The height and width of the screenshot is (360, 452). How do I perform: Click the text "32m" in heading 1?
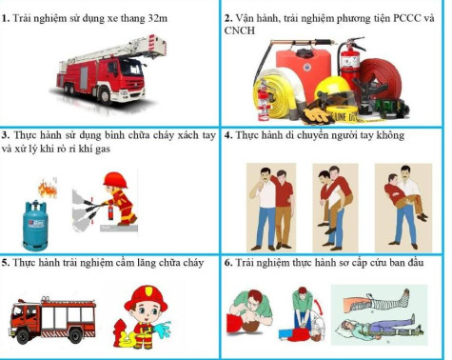pos(158,18)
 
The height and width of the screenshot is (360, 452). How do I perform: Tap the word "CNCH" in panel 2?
pos(240,30)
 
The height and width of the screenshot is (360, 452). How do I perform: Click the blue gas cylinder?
pos(35,225)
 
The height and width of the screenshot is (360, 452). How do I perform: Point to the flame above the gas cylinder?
pos(48,189)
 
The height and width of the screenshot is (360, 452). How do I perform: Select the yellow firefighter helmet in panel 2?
pos(333,89)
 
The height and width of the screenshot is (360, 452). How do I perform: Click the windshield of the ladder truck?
pos(130,68)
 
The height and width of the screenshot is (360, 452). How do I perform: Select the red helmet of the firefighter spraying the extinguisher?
pos(115,180)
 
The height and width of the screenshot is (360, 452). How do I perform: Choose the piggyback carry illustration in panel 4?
pos(335,208)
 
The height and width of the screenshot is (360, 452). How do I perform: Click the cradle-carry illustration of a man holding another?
pos(403,208)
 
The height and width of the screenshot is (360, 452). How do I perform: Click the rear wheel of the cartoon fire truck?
pos(75,335)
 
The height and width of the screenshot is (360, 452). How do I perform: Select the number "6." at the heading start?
pos(228,263)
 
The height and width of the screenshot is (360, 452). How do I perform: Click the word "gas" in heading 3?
pos(102,149)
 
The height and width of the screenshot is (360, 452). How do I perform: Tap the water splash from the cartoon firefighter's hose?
pos(163,330)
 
